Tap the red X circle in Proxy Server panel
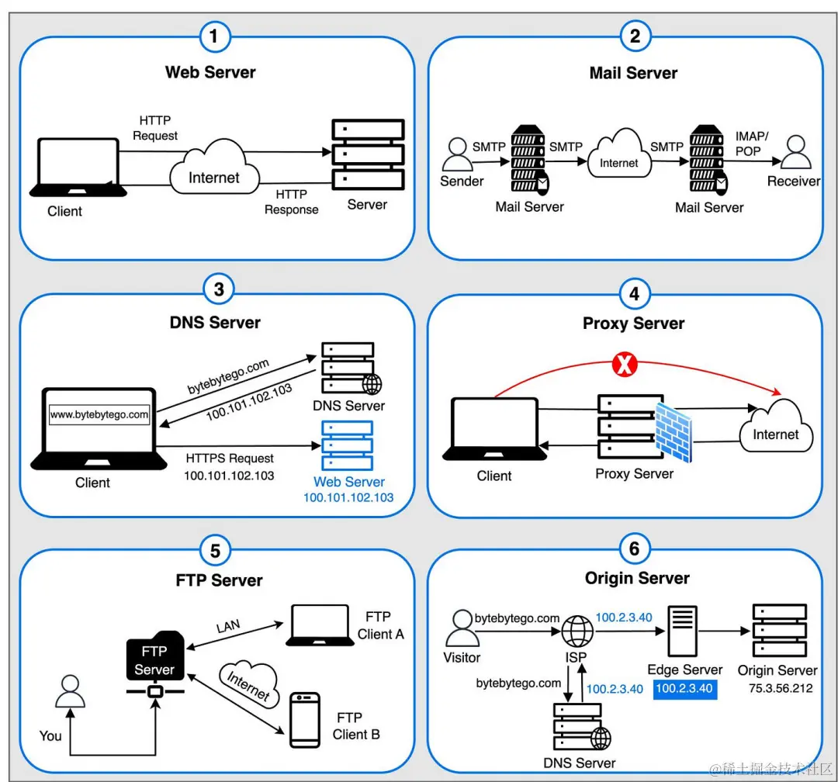[x=622, y=365]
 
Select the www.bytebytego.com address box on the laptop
[x=99, y=415]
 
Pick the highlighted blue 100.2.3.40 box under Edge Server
[x=685, y=688]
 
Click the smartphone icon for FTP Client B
[x=304, y=720]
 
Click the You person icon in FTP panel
[x=71, y=691]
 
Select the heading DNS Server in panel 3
[x=215, y=322]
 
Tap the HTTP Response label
[x=292, y=202]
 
